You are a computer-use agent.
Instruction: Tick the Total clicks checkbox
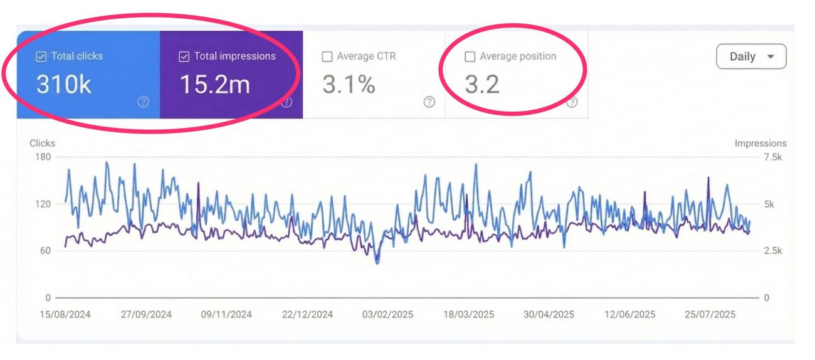[41, 57]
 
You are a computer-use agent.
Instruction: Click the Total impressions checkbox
[184, 57]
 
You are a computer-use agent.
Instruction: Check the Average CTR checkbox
[327, 57]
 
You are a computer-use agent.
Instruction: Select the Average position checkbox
[470, 57]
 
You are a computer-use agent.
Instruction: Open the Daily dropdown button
[751, 56]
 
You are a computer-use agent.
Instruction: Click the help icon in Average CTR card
[429, 102]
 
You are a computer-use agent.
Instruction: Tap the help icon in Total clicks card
[144, 102]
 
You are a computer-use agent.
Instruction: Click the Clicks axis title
[42, 143]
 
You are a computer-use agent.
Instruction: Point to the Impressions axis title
[760, 143]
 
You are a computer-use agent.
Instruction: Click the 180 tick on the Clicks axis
[43, 157]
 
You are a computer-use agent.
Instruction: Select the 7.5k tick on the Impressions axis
[772, 157]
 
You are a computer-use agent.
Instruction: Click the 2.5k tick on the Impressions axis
[772, 251]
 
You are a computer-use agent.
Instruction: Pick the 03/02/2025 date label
[387, 314]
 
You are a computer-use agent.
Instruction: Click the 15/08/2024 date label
[65, 314]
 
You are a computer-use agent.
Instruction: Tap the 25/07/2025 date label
[709, 314]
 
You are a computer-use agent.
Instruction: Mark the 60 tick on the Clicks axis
[45, 251]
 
